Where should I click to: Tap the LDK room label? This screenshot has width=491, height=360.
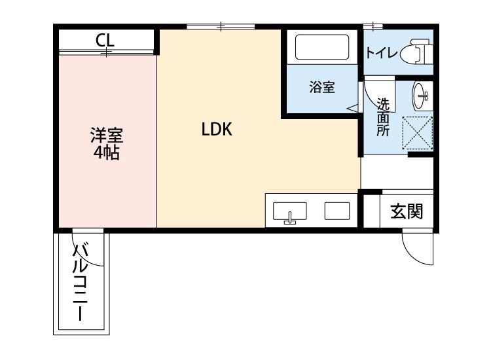[217, 130]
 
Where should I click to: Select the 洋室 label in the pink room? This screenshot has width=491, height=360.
[106, 138]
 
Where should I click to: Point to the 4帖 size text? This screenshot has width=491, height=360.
[106, 154]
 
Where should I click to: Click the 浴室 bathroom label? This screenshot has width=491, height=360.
[322, 87]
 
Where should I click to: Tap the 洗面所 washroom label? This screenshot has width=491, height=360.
[383, 117]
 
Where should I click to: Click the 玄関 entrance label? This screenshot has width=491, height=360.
[407, 211]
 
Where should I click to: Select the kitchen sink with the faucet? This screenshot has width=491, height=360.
[289, 212]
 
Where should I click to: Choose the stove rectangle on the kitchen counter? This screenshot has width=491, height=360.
[337, 211]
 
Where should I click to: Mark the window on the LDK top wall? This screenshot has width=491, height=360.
[221, 27]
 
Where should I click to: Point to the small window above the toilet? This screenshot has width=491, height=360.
[373, 27]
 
